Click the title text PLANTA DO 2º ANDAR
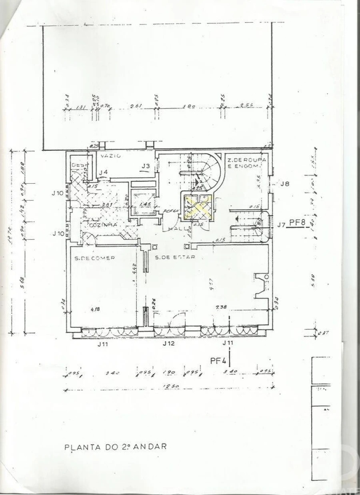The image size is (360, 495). click(x=115, y=447)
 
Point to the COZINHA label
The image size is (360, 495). click(x=103, y=225)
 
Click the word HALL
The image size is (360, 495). click(x=176, y=228)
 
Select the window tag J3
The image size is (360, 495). click(x=145, y=166)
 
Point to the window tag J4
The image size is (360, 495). click(x=103, y=172)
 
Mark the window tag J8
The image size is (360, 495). click(x=285, y=184)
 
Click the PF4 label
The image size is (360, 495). click(x=218, y=361)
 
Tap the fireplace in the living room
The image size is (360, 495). click(x=261, y=285)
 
